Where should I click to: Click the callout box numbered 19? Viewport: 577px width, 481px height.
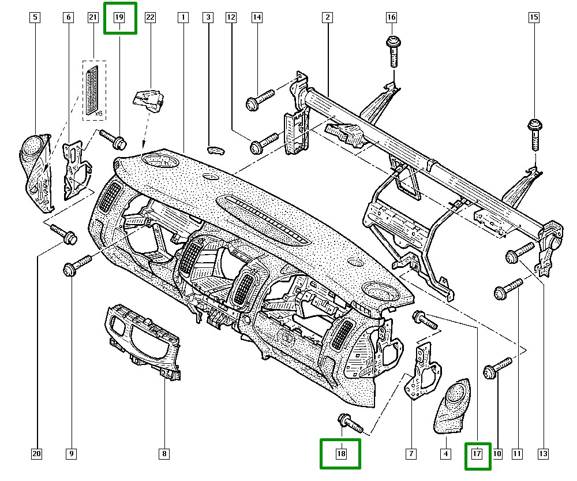119,18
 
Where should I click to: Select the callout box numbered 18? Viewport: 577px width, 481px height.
340,454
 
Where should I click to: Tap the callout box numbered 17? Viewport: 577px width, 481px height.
477,454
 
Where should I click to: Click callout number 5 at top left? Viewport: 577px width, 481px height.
35,18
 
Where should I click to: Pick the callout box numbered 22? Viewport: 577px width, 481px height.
150,18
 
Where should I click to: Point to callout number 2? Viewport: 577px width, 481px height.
327,18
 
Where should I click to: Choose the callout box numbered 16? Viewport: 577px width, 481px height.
391,18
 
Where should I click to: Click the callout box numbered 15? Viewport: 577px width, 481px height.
534,18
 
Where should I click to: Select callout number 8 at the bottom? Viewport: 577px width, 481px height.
164,454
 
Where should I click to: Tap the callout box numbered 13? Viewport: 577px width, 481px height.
542,454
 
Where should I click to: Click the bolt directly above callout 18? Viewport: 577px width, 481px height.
349,422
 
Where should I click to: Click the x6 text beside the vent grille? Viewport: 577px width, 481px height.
98,114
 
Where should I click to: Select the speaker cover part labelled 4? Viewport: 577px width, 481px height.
453,407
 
